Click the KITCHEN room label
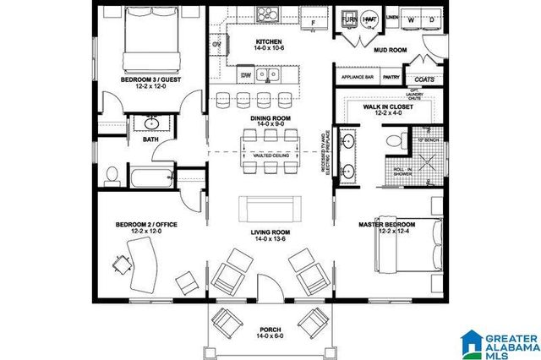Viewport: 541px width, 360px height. point(268,41)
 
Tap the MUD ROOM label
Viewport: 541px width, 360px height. point(391,50)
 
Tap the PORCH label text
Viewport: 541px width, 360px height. point(270,329)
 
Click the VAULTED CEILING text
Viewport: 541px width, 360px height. point(268,155)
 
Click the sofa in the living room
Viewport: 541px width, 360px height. point(270,209)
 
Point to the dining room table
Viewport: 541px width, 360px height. point(270,150)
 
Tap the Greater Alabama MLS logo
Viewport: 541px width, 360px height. point(499,341)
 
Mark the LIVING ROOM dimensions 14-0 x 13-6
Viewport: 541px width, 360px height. point(270,238)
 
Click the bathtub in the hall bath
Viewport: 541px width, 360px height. point(153,178)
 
